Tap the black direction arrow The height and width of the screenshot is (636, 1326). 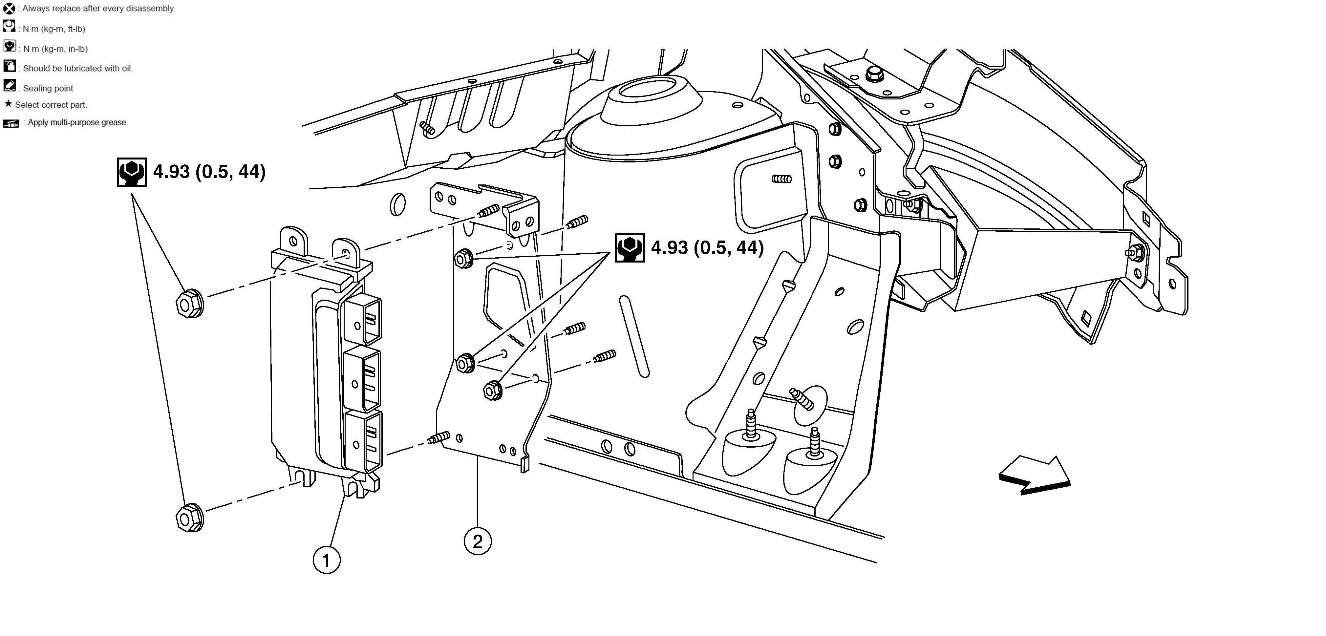click(x=1035, y=476)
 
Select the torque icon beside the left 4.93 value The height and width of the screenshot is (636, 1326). click(x=132, y=172)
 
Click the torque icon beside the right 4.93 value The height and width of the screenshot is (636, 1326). click(x=630, y=248)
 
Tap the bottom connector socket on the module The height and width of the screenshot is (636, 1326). click(x=363, y=441)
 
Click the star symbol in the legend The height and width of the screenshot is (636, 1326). click(x=8, y=104)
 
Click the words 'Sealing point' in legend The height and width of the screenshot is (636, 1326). click(x=48, y=89)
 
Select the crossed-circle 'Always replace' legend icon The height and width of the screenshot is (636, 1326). click(x=9, y=8)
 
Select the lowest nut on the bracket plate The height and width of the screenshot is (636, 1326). click(x=493, y=390)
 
